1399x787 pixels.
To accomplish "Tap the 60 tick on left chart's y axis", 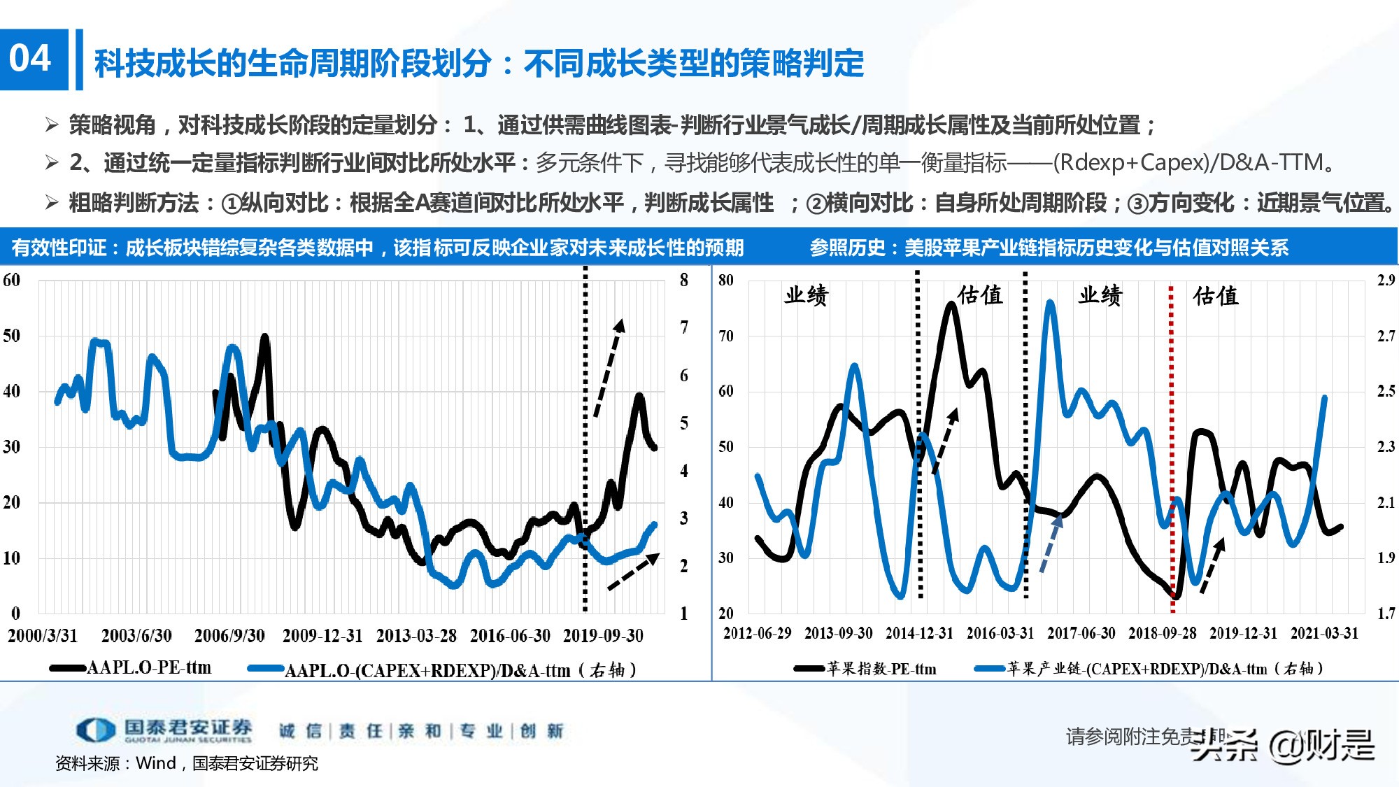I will pyautogui.click(x=11, y=281).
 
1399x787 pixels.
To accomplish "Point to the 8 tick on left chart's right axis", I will pyautogui.click(x=683, y=281).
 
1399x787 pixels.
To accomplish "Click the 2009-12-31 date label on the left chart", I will pyautogui.click(x=322, y=636).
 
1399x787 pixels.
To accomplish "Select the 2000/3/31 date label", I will pyautogui.click(x=42, y=636).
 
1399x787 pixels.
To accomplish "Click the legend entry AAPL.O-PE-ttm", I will pyautogui.click(x=148, y=668).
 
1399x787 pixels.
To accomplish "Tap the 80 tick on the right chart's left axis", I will pyautogui.click(x=725, y=281).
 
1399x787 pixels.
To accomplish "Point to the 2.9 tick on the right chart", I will pyautogui.click(x=1386, y=281).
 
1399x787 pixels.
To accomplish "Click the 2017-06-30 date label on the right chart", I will pyautogui.click(x=1081, y=634).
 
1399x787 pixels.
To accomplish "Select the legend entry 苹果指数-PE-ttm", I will pyautogui.click(x=881, y=669).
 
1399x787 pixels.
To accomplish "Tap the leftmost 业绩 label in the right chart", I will pyautogui.click(x=806, y=295).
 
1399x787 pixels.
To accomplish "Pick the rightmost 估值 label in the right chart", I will pyautogui.click(x=1216, y=296).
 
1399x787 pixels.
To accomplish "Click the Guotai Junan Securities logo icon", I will pyautogui.click(x=95, y=730).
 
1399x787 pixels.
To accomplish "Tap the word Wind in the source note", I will pyautogui.click(x=155, y=763).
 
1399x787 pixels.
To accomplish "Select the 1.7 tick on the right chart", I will pyautogui.click(x=1386, y=614).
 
